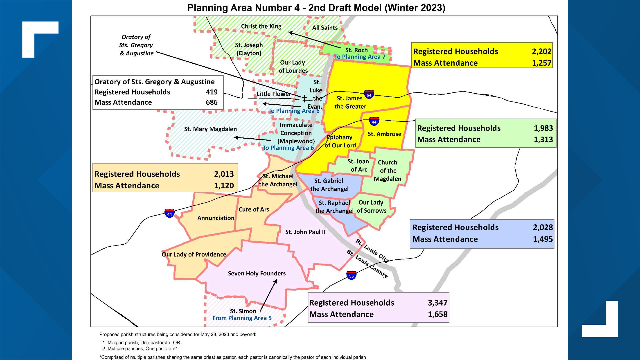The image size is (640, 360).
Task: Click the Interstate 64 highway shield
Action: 369,95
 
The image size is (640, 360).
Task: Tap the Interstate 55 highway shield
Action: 351,276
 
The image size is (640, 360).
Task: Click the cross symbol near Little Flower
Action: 304,98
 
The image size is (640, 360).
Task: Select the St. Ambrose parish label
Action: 384,134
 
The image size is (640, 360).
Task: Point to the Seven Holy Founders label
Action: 257,273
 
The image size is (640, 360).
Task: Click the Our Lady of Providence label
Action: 194,254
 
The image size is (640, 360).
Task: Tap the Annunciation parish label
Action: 216,218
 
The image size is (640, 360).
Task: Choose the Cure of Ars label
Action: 254,209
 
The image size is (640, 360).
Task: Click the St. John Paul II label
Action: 305,232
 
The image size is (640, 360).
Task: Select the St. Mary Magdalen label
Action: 210,129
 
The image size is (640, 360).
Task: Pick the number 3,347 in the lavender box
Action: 437,303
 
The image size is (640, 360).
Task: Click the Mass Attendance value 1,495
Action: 542,239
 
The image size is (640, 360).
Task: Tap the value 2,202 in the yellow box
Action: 541,51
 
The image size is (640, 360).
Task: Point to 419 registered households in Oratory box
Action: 211,92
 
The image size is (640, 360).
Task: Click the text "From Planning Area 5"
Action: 242,318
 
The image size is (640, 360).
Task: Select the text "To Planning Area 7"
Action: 360,57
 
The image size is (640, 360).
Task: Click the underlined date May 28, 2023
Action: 215,334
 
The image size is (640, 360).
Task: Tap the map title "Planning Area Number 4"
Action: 243,8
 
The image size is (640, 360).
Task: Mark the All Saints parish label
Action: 325,28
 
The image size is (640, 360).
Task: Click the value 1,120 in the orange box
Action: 224,186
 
